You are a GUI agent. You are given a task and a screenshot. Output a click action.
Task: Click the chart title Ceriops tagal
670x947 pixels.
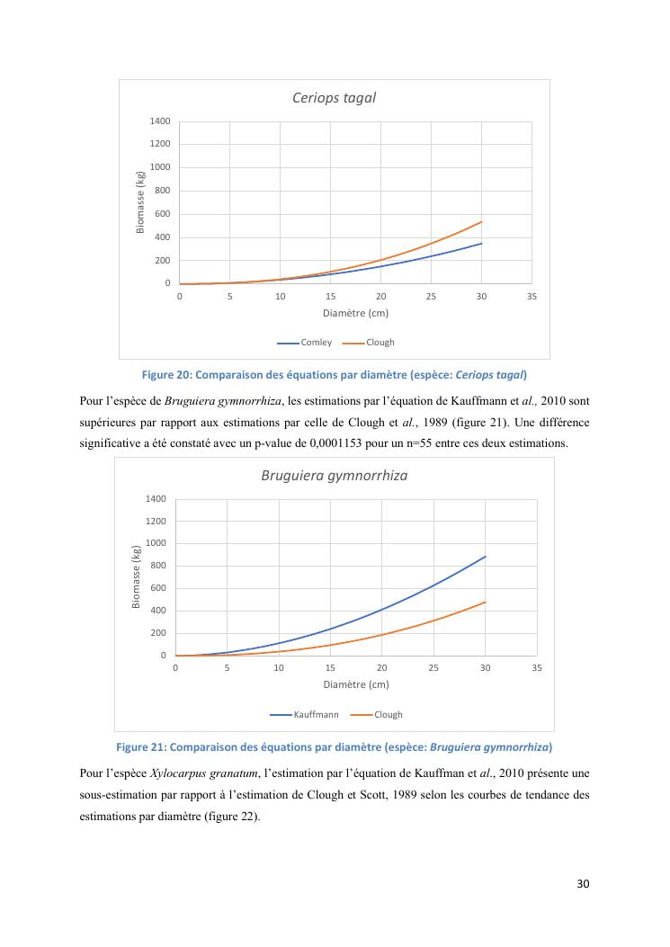[x=334, y=97]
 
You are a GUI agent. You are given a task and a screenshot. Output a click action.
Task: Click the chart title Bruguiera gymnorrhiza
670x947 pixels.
[x=334, y=475]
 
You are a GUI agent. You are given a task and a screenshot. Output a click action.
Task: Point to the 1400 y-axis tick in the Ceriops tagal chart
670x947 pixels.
[x=160, y=121]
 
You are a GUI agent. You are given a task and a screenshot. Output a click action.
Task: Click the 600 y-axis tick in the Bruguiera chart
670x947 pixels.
[x=157, y=588]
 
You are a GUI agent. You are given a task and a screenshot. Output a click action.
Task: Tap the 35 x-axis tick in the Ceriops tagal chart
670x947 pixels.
[x=532, y=296]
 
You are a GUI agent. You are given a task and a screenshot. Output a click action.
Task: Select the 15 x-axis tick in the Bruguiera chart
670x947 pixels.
[x=330, y=668]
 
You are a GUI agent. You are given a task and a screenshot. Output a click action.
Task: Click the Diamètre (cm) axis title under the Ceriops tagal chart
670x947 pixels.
[x=355, y=313]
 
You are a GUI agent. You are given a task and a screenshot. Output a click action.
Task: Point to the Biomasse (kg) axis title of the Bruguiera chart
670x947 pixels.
[x=137, y=576]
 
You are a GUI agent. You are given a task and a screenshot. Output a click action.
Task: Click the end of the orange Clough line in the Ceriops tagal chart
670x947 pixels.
[x=482, y=221]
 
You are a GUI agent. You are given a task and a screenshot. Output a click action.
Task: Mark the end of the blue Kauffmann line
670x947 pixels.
[x=486, y=556]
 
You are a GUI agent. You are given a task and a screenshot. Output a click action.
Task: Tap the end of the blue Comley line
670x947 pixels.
[x=482, y=243]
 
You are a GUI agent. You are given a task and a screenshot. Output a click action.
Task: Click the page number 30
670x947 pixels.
[x=583, y=883]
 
